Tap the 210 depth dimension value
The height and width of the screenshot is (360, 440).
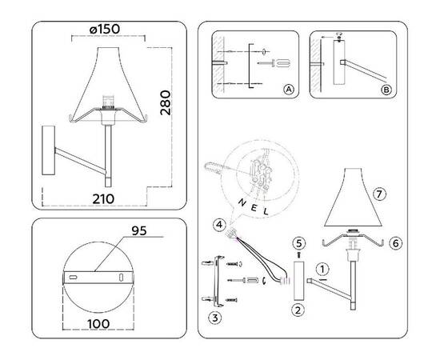coord(103,198)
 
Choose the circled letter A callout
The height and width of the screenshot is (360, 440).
coord(288,90)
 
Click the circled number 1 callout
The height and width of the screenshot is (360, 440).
coord(322,269)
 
